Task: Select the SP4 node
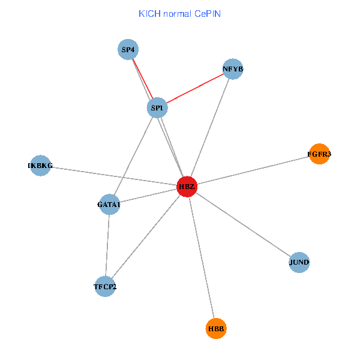(128, 50)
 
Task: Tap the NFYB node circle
(233, 69)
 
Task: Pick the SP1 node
(157, 108)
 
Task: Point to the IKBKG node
(40, 166)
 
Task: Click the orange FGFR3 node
(319, 154)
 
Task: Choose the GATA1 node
(109, 205)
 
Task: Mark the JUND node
(299, 262)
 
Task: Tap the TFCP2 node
(105, 286)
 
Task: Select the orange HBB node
(216, 328)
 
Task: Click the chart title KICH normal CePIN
(179, 13)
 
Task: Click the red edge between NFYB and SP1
(195, 88)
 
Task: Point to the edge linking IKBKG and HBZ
(114, 176)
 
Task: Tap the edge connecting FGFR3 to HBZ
(252, 170)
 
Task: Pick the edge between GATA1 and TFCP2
(107, 245)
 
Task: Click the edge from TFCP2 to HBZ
(146, 236)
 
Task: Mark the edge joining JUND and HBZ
(242, 224)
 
